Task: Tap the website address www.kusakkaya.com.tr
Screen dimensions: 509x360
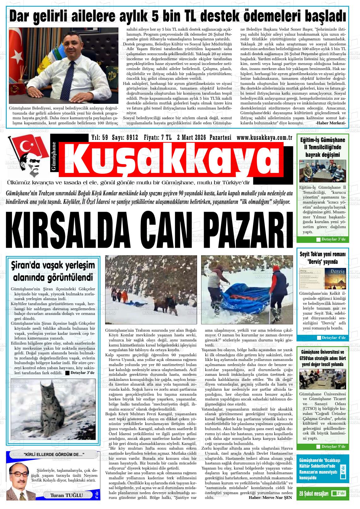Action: [x=264, y=138]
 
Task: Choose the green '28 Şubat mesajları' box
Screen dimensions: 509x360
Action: [x=323, y=494]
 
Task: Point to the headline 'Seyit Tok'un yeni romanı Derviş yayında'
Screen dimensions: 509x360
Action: [x=322, y=258]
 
